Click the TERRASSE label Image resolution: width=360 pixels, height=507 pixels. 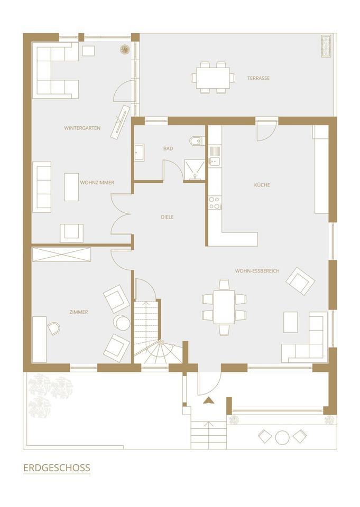click(x=259, y=78)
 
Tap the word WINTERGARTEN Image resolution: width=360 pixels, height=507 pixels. click(x=82, y=128)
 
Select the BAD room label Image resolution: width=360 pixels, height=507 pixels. click(x=168, y=149)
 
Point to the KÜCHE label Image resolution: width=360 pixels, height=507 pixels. click(x=262, y=185)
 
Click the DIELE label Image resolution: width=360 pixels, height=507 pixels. click(x=168, y=217)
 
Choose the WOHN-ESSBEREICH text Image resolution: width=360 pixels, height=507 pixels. click(x=257, y=271)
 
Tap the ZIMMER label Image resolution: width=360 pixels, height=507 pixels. click(x=79, y=312)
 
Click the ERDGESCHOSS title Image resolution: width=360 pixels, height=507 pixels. click(x=57, y=468)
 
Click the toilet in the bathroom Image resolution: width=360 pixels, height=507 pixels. click(x=196, y=141)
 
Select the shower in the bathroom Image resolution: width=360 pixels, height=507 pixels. click(x=195, y=170)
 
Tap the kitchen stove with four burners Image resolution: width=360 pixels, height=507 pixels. click(x=215, y=203)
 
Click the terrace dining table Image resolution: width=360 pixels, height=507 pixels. click(x=213, y=78)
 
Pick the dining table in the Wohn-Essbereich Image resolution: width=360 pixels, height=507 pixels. click(x=224, y=307)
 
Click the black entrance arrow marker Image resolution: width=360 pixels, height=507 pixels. click(x=208, y=401)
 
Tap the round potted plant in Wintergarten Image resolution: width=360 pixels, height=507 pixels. click(x=125, y=50)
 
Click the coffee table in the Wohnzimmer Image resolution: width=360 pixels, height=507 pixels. click(x=71, y=187)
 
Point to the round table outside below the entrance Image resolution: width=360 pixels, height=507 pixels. click(x=282, y=437)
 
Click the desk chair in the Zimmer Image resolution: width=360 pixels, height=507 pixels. click(x=54, y=328)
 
